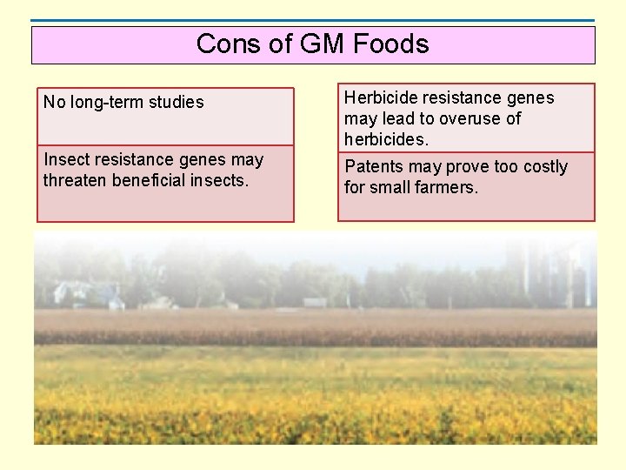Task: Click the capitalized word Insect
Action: [x=63, y=159]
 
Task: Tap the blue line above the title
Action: [x=313, y=21]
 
